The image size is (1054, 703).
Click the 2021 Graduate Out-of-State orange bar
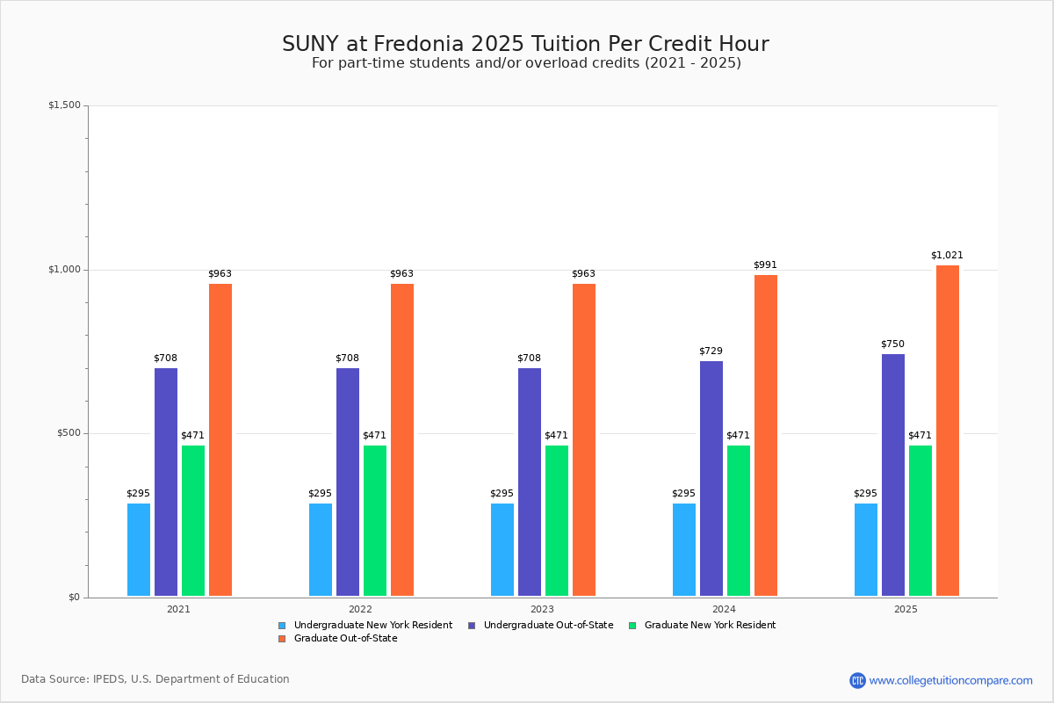click(220, 439)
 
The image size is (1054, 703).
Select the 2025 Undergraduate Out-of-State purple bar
click(893, 475)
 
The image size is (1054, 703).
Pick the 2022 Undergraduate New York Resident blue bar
click(321, 549)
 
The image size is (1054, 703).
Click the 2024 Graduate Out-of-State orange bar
click(766, 435)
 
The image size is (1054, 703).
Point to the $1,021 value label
click(947, 256)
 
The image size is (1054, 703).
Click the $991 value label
click(765, 265)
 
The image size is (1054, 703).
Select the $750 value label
click(892, 344)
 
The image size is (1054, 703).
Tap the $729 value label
click(711, 351)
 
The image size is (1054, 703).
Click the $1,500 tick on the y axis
click(64, 105)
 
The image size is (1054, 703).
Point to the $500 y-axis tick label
click(67, 433)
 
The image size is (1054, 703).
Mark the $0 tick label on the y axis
click(74, 598)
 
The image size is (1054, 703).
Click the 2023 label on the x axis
click(542, 609)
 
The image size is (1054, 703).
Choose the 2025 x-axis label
click(906, 609)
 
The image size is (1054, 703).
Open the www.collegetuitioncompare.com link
click(950, 680)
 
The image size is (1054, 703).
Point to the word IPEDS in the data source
click(110, 679)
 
